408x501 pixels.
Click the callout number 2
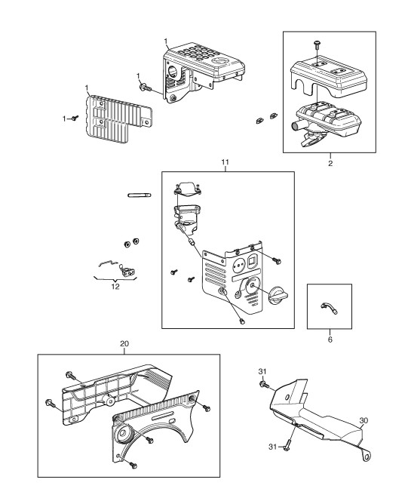tap(330, 163)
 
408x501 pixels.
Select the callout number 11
tap(225, 162)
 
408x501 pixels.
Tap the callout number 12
tap(115, 286)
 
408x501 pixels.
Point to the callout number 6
tap(330, 340)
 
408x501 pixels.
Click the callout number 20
tap(124, 344)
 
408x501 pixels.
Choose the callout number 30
tap(364, 420)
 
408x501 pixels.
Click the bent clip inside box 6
tap(329, 308)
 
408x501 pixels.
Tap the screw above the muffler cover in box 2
tap(318, 44)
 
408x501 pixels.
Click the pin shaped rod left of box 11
tap(140, 195)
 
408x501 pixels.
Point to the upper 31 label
tap(262, 371)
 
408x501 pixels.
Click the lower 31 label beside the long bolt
tap(272, 447)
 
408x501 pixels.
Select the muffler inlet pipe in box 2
tap(296, 125)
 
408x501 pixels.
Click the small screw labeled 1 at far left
tap(75, 118)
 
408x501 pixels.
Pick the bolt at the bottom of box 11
tap(242, 321)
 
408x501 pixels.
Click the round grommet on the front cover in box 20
tap(122, 434)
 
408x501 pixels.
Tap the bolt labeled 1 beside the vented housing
tap(144, 86)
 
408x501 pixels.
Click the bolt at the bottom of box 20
tap(133, 465)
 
